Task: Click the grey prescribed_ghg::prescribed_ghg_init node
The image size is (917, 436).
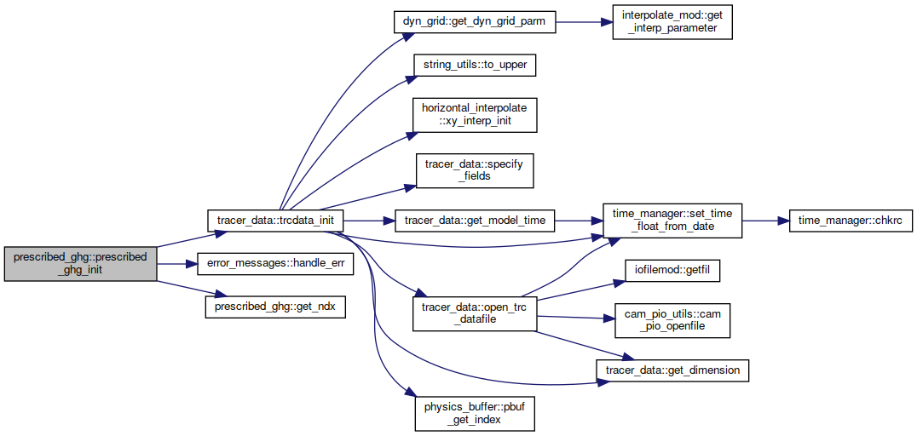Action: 81,264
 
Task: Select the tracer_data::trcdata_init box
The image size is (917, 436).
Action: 275,221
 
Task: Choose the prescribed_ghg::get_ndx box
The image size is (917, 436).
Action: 275,307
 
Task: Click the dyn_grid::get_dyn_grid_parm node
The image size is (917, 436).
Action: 474,22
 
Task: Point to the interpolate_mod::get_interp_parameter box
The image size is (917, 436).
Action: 672,22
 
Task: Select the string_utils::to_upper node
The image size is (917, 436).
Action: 475,66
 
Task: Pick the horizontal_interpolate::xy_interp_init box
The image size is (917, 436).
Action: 475,115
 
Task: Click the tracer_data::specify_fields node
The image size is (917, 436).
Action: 475,170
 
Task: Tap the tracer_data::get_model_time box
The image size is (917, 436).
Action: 475,221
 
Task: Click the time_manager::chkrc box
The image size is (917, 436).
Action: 847,221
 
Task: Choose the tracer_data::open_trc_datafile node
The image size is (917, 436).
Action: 475,314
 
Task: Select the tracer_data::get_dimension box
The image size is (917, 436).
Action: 672,370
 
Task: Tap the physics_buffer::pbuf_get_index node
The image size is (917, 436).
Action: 475,414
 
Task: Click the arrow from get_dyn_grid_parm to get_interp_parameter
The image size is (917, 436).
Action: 584,22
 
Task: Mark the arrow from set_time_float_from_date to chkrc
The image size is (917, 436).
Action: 765,221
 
